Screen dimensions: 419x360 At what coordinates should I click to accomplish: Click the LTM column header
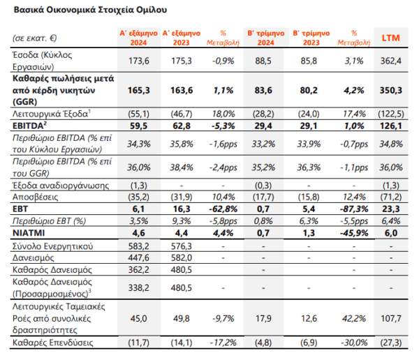390,38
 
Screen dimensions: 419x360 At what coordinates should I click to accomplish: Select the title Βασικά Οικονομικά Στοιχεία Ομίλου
90,10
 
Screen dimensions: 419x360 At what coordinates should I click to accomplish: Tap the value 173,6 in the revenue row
139,61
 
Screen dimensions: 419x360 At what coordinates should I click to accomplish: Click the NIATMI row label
29,233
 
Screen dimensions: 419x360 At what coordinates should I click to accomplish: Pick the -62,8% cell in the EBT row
223,209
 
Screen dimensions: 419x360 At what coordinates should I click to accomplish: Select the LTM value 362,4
390,61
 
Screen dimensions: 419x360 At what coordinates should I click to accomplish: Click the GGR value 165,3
139,90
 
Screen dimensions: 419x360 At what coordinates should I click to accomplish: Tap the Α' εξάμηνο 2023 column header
182,38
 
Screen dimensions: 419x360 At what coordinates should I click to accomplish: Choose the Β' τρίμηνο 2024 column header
266,38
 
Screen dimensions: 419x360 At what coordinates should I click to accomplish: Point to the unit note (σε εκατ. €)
35,38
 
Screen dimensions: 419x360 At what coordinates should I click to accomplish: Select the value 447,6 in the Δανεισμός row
139,257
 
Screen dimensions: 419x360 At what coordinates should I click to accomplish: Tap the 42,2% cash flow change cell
354,318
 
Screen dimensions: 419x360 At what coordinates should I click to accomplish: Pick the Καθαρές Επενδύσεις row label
53,343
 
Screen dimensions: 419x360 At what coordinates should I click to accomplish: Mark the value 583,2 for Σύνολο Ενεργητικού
139,246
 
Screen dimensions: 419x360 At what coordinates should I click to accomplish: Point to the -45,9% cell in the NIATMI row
354,233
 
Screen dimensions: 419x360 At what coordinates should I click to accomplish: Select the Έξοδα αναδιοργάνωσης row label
61,186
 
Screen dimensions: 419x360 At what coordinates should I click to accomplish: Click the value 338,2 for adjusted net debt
139,288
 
